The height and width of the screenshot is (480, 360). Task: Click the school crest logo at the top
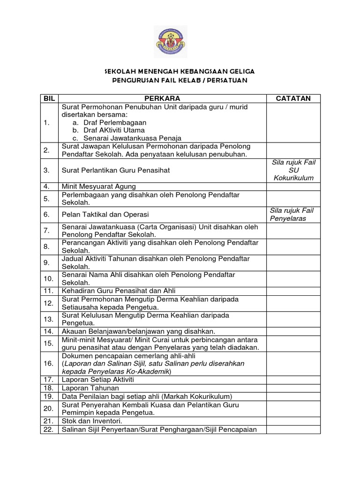point(171,42)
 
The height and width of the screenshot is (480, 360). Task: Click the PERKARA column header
point(162,98)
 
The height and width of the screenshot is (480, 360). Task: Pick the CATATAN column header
point(293,98)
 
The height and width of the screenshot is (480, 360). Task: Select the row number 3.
point(47,171)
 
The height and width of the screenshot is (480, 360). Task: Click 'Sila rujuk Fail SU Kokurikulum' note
point(293,171)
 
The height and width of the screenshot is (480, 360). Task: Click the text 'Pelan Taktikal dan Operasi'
point(105,214)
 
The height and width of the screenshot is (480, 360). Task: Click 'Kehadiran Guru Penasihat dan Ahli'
point(119,291)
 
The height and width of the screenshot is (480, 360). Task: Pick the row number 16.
point(49,363)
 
